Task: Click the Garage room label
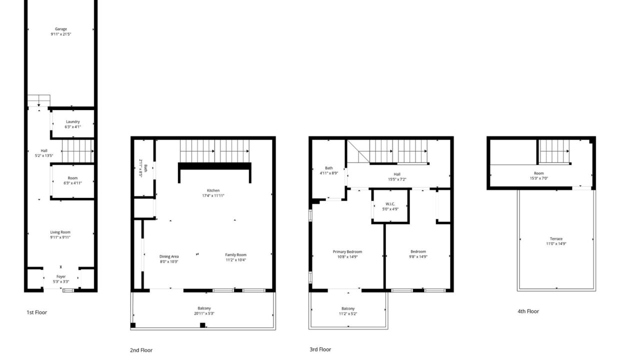coord(61,29)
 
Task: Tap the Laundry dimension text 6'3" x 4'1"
coord(73,127)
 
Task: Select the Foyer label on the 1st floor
coord(61,276)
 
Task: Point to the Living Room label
coord(60,232)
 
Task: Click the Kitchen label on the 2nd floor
coord(213,190)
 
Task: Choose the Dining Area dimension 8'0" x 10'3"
coord(169,261)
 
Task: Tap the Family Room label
coord(235,255)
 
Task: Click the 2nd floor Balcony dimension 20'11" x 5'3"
coord(204,313)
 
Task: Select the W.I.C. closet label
coord(390,204)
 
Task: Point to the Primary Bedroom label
coord(347,252)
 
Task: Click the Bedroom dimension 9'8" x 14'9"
coord(418,256)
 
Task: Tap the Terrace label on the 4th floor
coord(556,239)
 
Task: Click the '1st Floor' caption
coord(37,312)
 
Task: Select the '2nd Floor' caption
coord(141,350)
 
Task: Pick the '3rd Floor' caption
coord(320,349)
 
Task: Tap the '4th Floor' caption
coord(528,311)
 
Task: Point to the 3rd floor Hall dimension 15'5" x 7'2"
coord(397,179)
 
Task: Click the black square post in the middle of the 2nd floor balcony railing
coord(202,325)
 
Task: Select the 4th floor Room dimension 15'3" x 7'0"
coord(539,178)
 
